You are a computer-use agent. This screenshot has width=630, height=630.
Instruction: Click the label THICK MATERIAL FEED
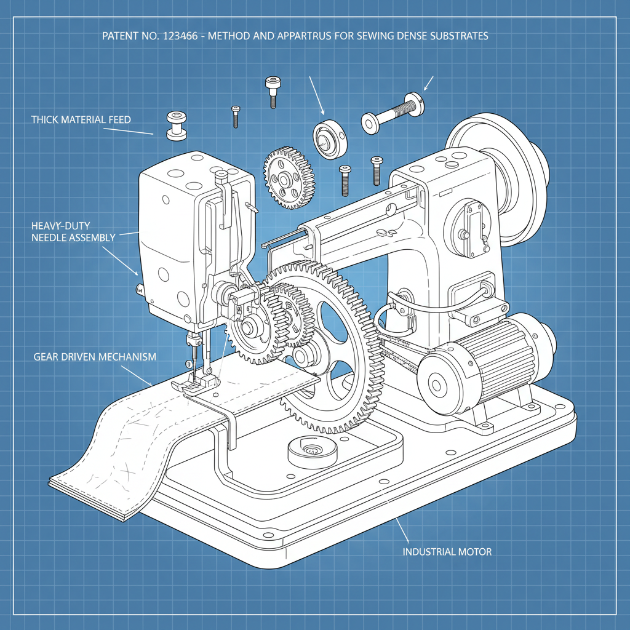point(81,119)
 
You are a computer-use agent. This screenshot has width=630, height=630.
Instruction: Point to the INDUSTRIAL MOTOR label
point(447,552)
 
